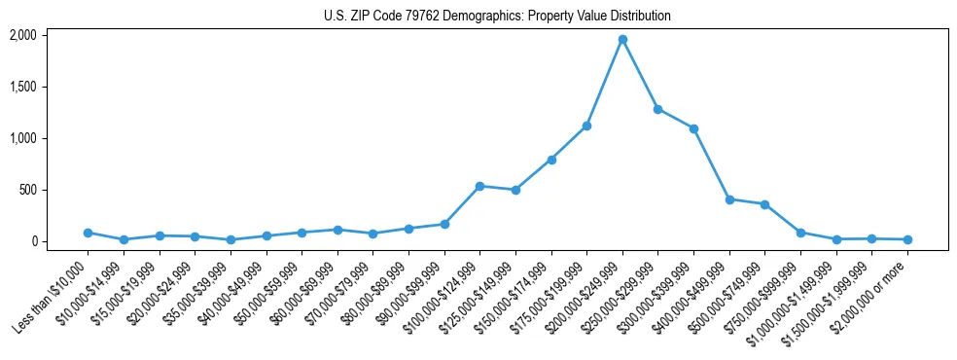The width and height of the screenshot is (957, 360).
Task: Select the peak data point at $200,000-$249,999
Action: [x=622, y=40]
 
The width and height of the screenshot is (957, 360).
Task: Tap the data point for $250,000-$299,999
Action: [x=657, y=109]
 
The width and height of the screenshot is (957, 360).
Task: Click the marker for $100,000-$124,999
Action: [x=479, y=186]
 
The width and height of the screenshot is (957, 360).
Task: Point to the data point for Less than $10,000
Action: [x=88, y=233]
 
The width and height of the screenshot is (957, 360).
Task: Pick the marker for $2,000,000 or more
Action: [x=907, y=239]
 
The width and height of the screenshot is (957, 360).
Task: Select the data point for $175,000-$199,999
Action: [x=586, y=126]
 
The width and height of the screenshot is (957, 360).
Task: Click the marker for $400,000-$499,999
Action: [x=729, y=199]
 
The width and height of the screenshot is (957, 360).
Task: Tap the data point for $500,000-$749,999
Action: [x=764, y=204]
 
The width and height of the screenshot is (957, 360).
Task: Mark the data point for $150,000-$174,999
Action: [x=551, y=160]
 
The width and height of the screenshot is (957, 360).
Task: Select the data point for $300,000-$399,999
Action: [x=693, y=128]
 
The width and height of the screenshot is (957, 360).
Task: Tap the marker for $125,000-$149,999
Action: [x=515, y=190]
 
